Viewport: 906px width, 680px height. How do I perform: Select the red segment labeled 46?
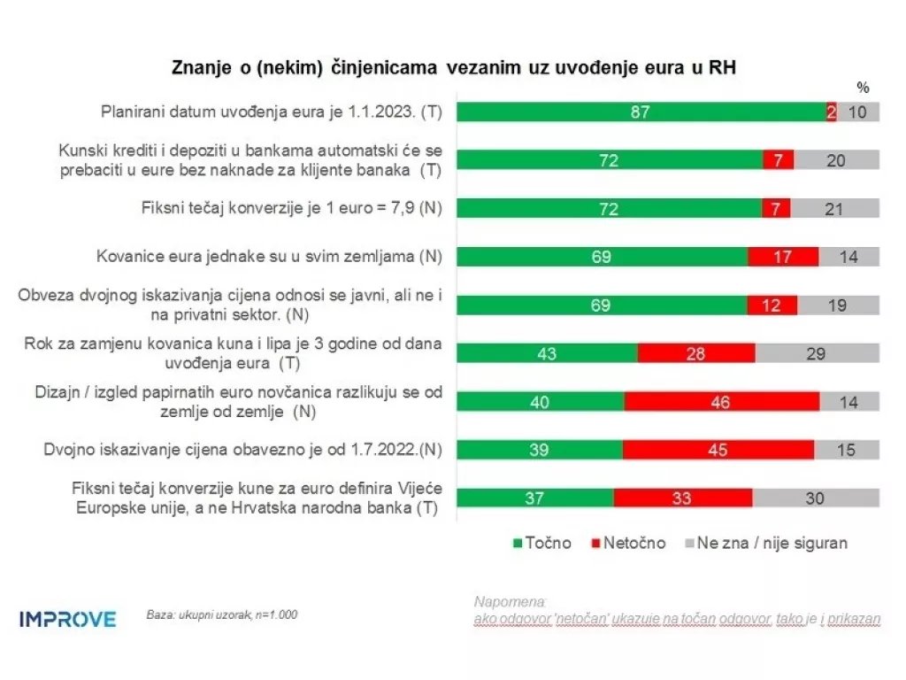click(721, 401)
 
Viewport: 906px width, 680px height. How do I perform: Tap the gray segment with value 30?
click(816, 498)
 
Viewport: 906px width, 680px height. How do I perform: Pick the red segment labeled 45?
click(718, 450)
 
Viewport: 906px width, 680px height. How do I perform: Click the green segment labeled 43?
click(547, 352)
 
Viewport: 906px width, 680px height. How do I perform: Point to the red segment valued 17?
click(783, 256)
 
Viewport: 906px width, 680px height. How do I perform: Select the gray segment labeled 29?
click(817, 352)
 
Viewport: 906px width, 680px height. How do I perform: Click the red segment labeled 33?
click(682, 498)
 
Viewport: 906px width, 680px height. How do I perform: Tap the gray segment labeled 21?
click(834, 209)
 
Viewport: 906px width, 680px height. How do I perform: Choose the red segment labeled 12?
click(772, 305)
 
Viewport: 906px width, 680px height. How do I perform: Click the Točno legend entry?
click(541, 543)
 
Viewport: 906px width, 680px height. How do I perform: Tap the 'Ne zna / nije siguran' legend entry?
click(764, 543)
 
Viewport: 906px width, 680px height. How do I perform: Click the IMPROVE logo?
click(67, 619)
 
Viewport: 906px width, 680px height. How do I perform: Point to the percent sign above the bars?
click(864, 88)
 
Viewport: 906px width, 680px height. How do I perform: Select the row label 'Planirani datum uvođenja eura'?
click(271, 112)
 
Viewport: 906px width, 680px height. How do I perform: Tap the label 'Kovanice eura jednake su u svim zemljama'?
click(269, 257)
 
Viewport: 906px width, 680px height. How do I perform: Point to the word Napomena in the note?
click(511, 602)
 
